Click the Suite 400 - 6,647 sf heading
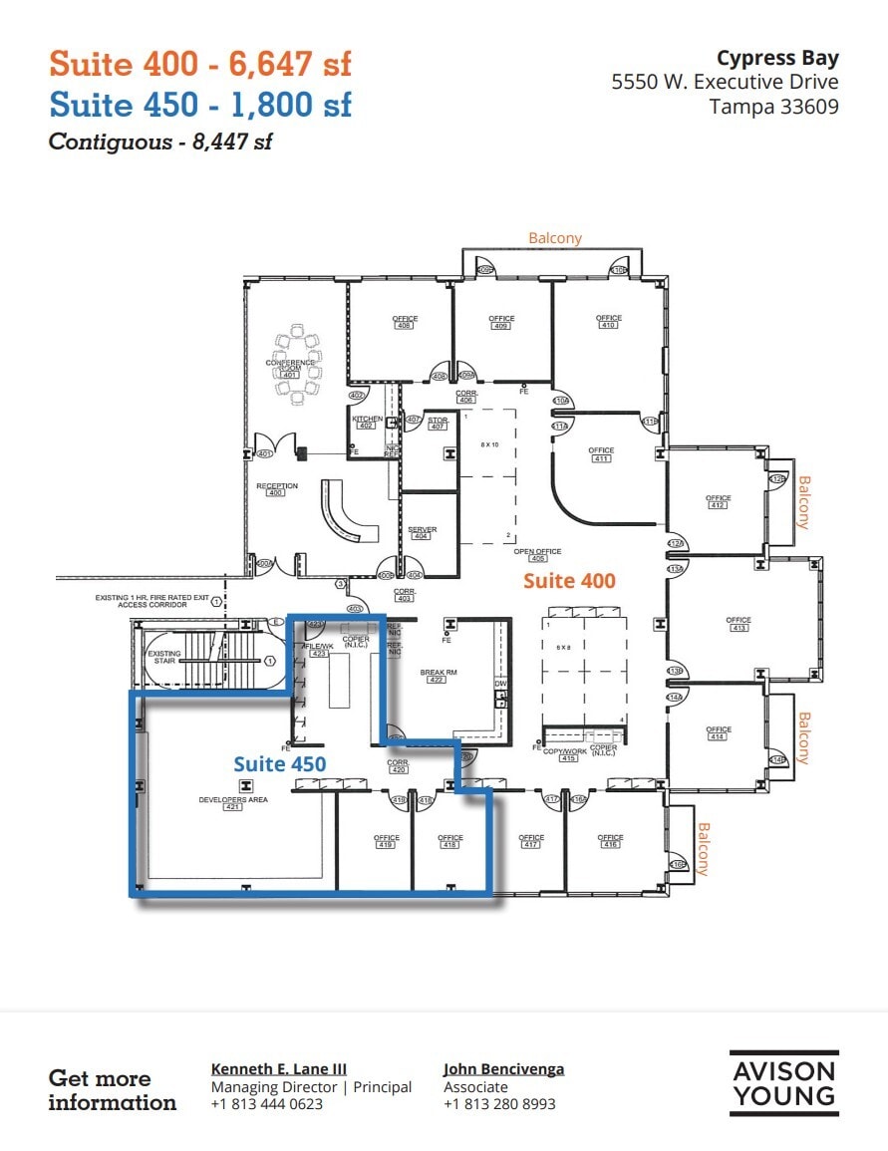pos(200,64)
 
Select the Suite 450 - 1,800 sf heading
pos(200,104)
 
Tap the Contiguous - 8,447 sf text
pos(160,142)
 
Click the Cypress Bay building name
pos(777,58)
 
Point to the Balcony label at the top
pos(555,238)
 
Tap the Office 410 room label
pos(608,322)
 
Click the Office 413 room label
pos(739,624)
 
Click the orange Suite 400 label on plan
pos(569,580)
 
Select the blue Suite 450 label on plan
pos(280,763)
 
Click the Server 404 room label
pos(422,533)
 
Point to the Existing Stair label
pos(165,658)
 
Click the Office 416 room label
pos(610,841)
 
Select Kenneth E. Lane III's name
pos(279,1069)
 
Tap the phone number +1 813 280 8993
pos(499,1104)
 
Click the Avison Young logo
pos(783,1083)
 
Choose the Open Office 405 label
pos(537,554)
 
